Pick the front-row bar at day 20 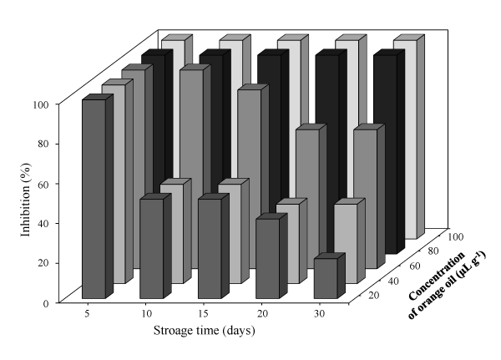click(266, 258)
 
